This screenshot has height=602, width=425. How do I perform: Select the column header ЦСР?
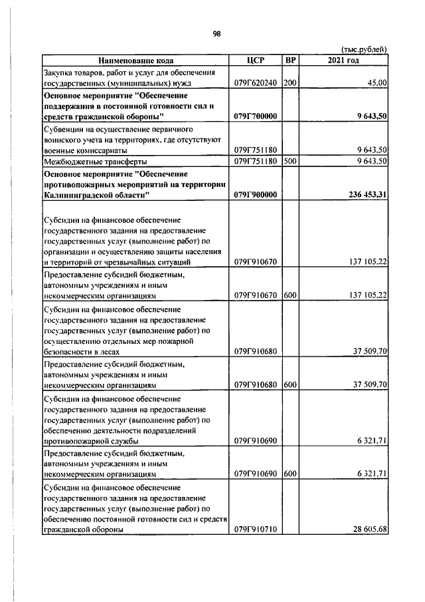pyautogui.click(x=255, y=61)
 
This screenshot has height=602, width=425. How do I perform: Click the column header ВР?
pyautogui.click(x=290, y=61)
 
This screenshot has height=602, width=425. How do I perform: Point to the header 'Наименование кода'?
pyautogui.click(x=135, y=61)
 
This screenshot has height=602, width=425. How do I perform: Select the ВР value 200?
pyautogui.click(x=290, y=83)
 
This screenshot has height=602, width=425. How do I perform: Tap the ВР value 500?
pyautogui.click(x=290, y=161)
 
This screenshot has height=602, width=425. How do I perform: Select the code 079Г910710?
pyautogui.click(x=256, y=529)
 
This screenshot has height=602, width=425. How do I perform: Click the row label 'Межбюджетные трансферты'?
pyautogui.click(x=95, y=161)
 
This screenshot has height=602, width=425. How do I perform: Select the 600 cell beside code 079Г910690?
pyautogui.click(x=290, y=474)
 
